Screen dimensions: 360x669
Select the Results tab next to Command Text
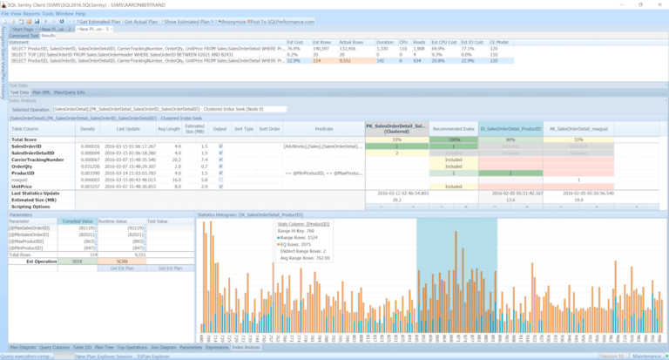pyautogui.click(x=49, y=36)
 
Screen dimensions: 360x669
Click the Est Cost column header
pyautogui.click(x=294, y=42)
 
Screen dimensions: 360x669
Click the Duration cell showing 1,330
pyautogui.click(x=384, y=49)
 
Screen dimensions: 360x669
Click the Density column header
pyautogui.click(x=88, y=127)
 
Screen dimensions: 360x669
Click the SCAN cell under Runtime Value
pyautogui.click(x=121, y=261)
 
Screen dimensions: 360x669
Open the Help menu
pyautogui.click(x=79, y=14)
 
